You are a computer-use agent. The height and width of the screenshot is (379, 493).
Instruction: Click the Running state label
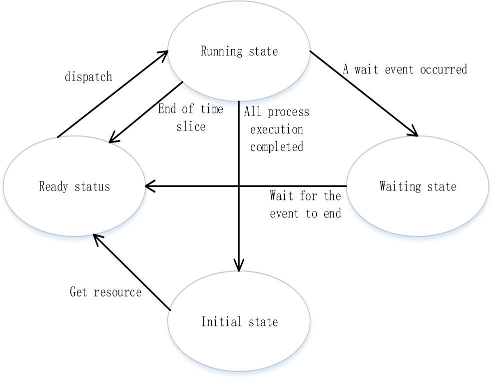[x=239, y=51]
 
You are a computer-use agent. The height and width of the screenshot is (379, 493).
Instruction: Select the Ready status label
[x=74, y=186]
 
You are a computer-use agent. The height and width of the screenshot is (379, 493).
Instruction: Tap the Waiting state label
[x=418, y=186]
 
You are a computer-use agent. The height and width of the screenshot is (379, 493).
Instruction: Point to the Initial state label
[x=239, y=321]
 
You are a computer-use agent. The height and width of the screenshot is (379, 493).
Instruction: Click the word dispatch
[x=88, y=77]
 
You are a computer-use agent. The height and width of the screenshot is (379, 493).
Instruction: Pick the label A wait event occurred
[x=405, y=69]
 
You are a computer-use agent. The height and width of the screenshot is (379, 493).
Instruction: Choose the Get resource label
[x=105, y=291]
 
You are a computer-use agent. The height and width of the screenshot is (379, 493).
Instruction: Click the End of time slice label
[x=191, y=117]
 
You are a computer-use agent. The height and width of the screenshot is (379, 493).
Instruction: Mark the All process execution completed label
[x=277, y=129]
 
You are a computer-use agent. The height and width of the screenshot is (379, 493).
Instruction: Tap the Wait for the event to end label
[x=305, y=204]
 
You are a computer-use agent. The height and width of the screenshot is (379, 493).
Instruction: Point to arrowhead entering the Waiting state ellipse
[x=415, y=133]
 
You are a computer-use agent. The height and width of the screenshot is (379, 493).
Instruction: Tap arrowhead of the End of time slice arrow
[x=112, y=139]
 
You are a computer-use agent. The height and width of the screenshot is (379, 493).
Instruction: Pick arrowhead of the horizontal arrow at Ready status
[x=148, y=186]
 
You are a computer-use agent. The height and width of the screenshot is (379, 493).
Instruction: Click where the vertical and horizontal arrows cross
[x=239, y=186]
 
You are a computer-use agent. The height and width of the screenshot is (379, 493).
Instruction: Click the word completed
[x=277, y=146]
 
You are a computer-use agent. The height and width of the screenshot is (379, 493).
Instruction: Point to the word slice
[x=191, y=126]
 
